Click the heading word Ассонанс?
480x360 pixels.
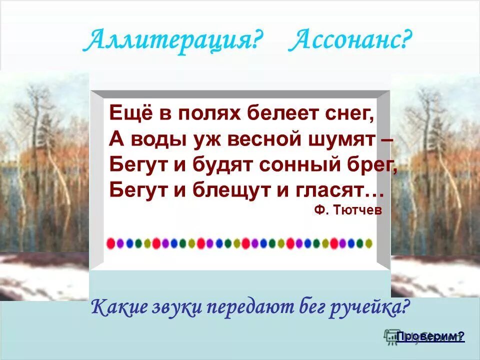tap(350, 41)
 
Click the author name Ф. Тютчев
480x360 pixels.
tap(348, 211)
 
